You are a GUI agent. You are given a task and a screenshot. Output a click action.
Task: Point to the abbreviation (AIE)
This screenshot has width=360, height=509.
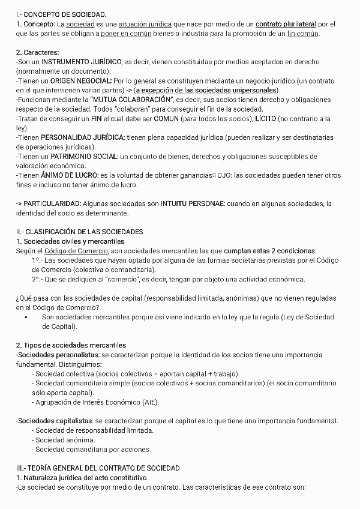[x=150, y=402]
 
